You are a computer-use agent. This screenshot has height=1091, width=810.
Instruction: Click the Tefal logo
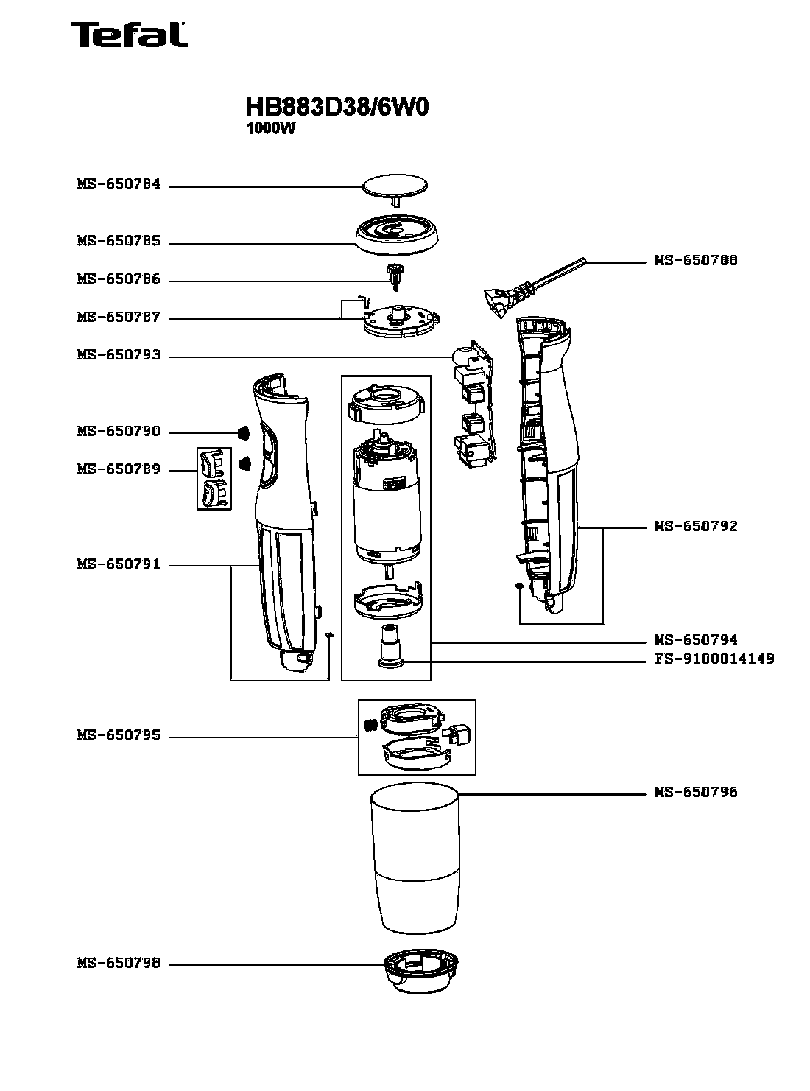pyautogui.click(x=128, y=35)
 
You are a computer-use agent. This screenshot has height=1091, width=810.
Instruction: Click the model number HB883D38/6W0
pyautogui.click(x=337, y=108)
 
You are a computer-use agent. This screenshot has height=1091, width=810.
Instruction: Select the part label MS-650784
pyautogui.click(x=119, y=184)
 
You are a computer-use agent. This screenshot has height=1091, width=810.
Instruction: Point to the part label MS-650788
pyautogui.click(x=695, y=261)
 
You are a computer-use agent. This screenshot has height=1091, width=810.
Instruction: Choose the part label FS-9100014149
pyautogui.click(x=714, y=659)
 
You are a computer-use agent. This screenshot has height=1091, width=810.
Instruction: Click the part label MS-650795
pyautogui.click(x=119, y=735)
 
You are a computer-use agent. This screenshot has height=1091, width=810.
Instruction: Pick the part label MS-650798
pyautogui.click(x=119, y=964)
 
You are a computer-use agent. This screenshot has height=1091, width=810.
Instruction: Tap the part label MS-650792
pyautogui.click(x=695, y=527)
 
